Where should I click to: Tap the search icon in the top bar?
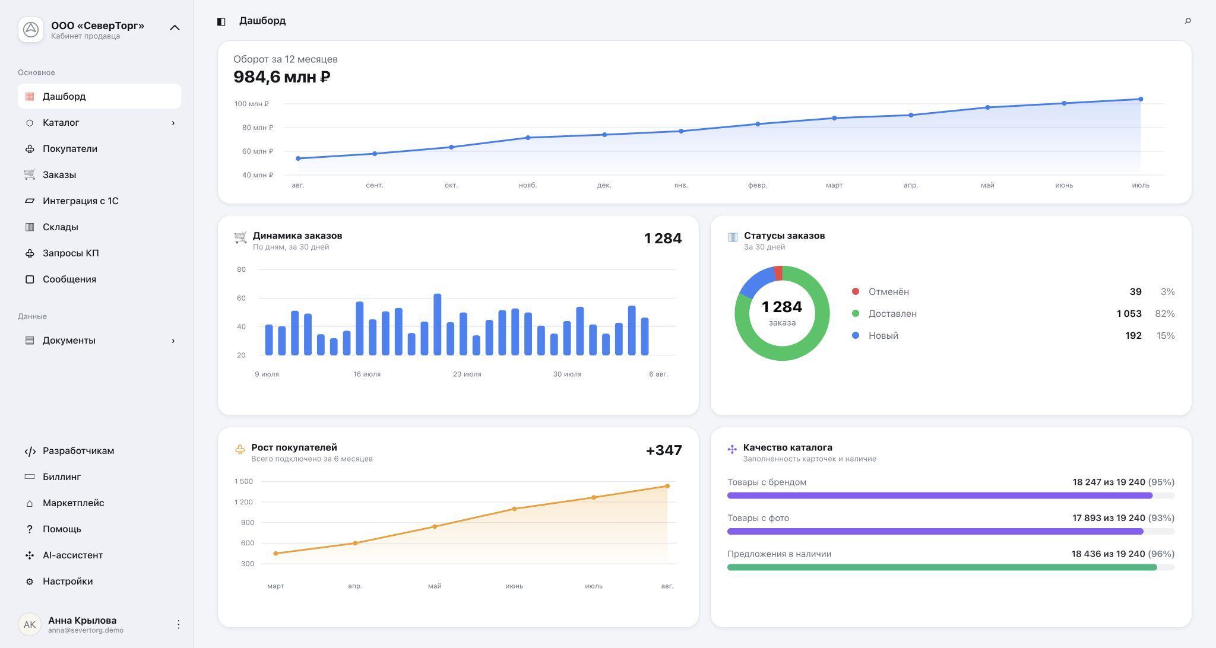click(1187, 21)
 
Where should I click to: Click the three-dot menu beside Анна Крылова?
click(178, 624)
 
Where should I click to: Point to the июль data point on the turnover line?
click(1141, 99)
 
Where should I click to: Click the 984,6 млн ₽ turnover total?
click(281, 77)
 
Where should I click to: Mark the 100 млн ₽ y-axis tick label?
click(251, 104)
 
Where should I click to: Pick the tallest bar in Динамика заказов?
click(438, 325)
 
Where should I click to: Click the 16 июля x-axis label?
click(367, 374)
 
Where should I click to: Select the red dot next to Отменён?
click(856, 291)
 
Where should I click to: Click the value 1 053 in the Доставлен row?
click(1129, 314)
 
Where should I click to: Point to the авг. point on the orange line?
click(667, 486)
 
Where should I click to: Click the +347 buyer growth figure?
click(664, 450)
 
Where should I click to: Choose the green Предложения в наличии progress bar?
click(942, 568)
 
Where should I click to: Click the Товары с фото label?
click(758, 518)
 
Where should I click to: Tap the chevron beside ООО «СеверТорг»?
click(175, 28)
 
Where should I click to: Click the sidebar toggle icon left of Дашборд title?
click(221, 21)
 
